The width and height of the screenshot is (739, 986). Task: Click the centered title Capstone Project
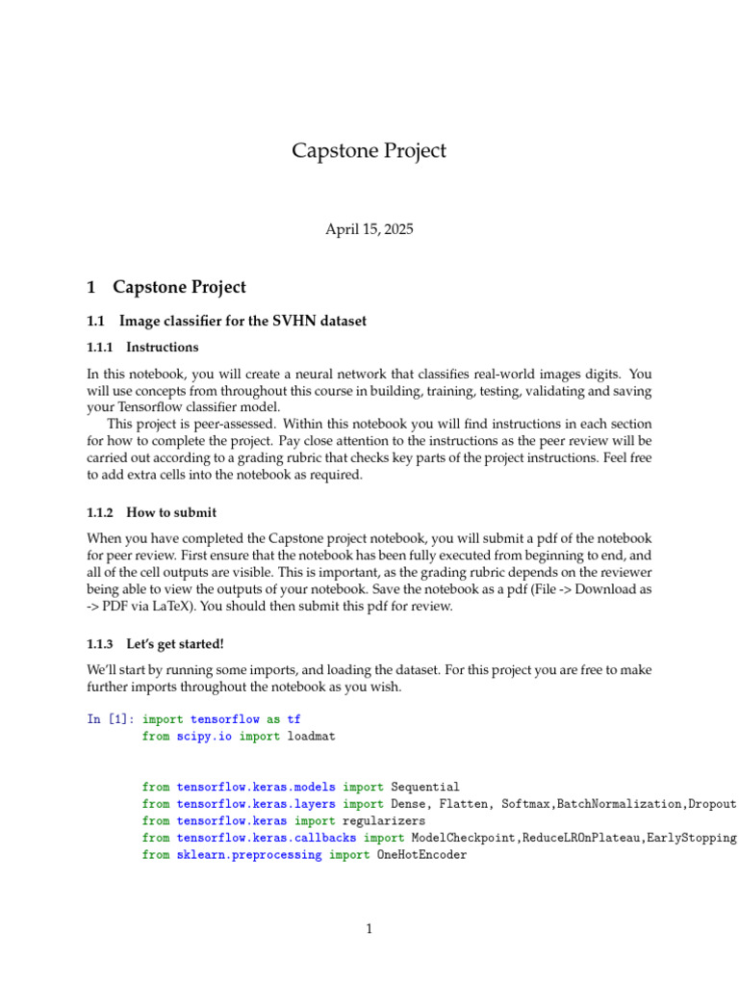369,151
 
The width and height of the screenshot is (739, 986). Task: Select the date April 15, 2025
369,229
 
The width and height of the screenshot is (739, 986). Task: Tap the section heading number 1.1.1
100,347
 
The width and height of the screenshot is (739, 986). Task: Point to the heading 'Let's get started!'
175,643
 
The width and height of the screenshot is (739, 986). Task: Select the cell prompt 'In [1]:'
110,718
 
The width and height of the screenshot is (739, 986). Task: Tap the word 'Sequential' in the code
425,787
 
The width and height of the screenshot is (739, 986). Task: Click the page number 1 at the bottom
369,929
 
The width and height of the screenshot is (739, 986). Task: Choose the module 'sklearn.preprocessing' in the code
248,854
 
